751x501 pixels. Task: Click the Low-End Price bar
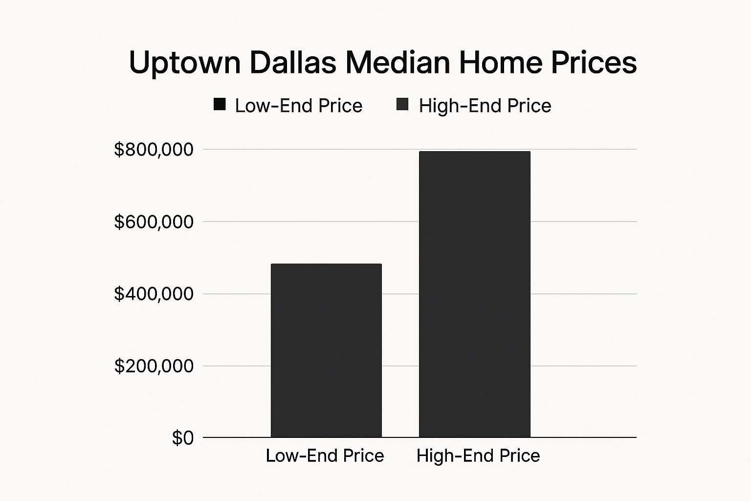326,350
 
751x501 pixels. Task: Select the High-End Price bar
474,294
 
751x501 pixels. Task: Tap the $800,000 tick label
154,150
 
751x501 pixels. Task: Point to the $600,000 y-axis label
154,222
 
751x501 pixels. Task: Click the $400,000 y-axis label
154,294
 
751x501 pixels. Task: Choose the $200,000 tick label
154,366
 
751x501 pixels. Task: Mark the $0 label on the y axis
183,438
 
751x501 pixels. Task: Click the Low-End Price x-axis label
325,455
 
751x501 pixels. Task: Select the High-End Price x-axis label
478,455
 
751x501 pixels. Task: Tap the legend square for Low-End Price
220,105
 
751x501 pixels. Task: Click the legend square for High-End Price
402,105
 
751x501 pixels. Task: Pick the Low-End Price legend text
298,106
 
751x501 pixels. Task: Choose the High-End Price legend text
485,106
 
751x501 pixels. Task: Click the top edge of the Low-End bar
326,264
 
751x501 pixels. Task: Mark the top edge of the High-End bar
474,152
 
